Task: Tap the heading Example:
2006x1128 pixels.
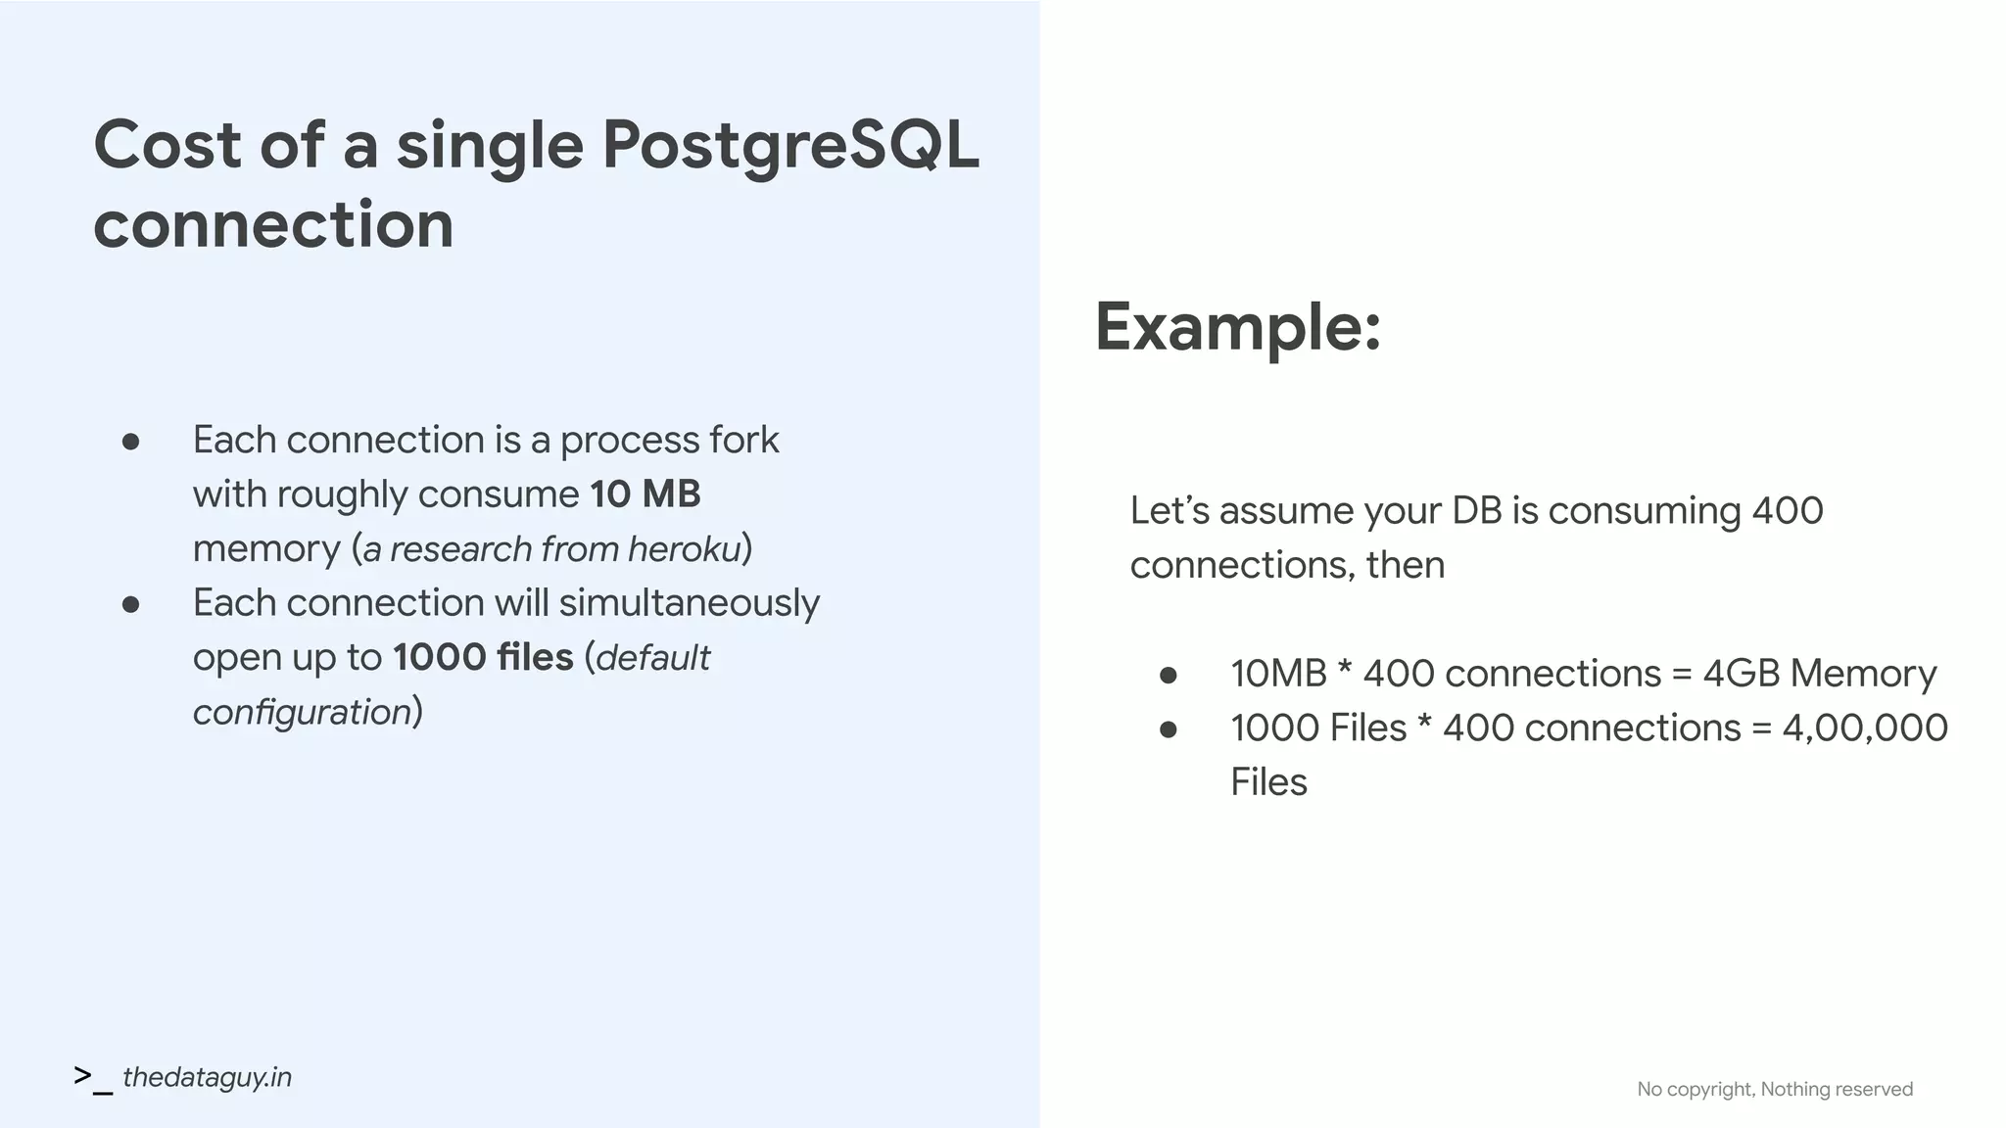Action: coord(1237,327)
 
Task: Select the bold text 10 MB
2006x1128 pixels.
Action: coord(645,494)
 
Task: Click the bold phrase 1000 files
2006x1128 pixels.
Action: coord(483,657)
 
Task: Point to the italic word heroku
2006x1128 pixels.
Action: coord(684,549)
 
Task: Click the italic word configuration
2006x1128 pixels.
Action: coord(302,712)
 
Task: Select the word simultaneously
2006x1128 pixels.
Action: coord(689,603)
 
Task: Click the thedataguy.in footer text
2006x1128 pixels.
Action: coord(207,1077)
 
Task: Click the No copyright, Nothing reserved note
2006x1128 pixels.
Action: coord(1774,1089)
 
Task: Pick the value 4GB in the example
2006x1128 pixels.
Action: coord(1741,674)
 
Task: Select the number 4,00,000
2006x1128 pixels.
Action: coord(1864,728)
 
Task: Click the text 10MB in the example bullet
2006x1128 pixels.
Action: coord(1277,674)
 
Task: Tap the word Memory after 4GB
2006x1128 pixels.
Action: coord(1863,674)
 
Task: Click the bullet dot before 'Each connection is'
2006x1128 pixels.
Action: coord(130,443)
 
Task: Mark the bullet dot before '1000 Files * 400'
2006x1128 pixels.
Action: coord(1168,729)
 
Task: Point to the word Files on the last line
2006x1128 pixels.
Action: coord(1268,782)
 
